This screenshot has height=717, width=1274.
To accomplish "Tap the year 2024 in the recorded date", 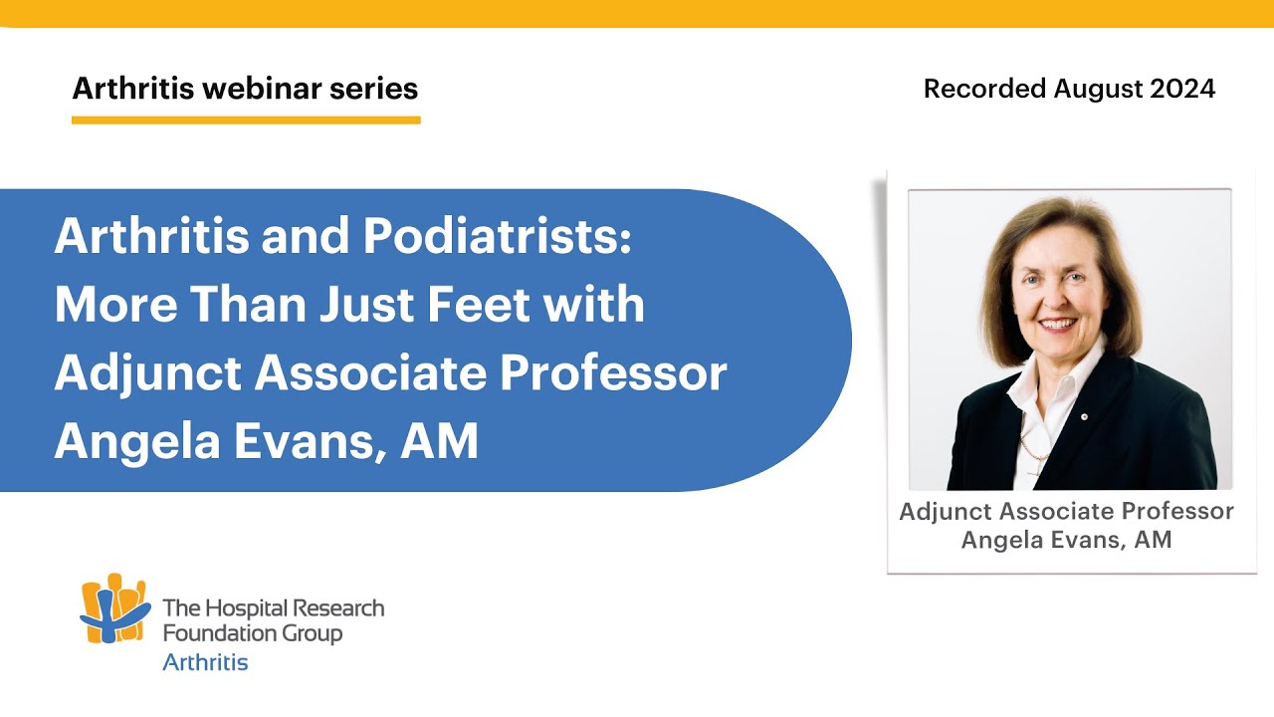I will click(x=1182, y=89).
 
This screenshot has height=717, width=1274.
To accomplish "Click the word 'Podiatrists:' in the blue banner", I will click(x=497, y=236).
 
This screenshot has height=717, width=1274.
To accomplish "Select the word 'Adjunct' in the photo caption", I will click(x=947, y=512).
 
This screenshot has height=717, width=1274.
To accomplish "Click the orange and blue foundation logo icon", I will click(x=114, y=609).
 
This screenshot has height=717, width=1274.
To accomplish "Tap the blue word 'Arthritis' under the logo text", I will click(x=205, y=662).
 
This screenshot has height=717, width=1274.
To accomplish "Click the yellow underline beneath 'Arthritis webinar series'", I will click(x=246, y=119).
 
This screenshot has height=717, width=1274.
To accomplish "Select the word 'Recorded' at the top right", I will click(x=983, y=89).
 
